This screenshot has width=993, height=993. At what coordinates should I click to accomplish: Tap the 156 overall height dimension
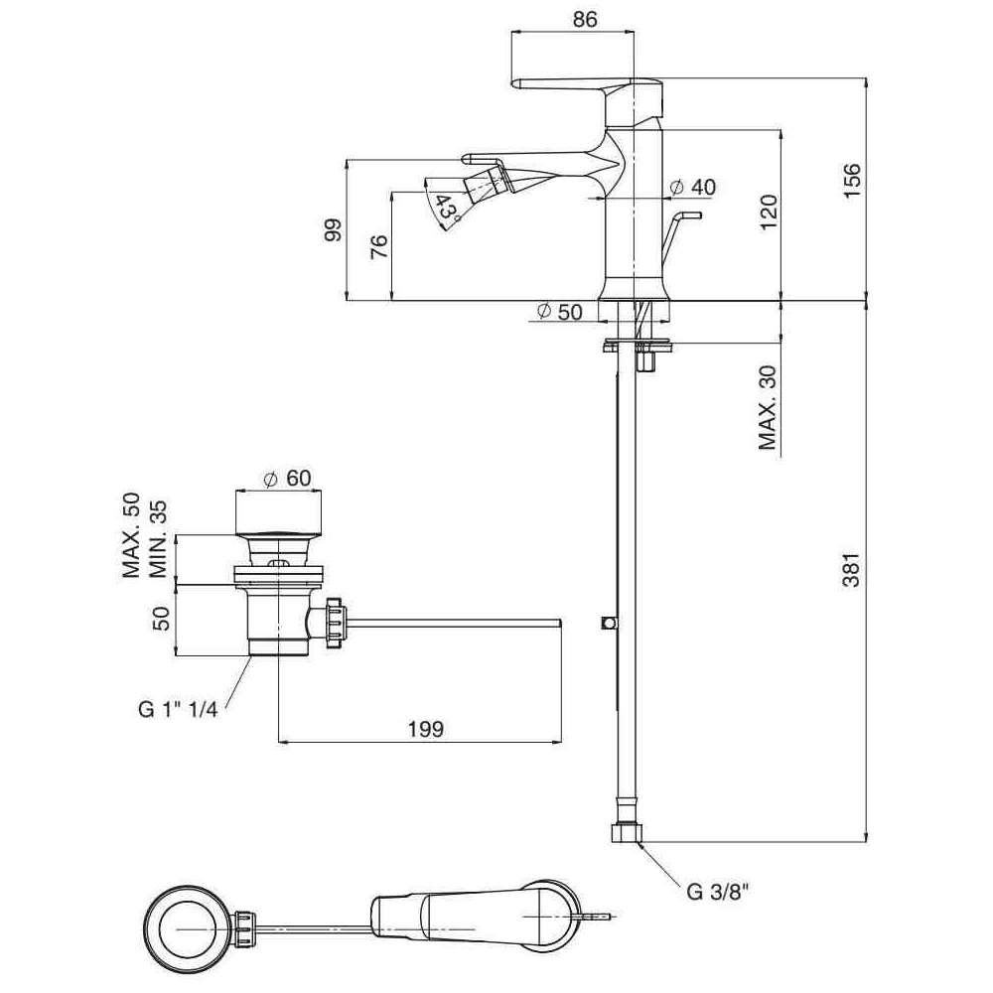852,181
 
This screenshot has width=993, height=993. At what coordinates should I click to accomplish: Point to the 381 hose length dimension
852,568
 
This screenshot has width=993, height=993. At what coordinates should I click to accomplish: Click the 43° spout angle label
448,209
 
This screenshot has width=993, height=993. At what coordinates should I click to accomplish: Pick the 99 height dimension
333,230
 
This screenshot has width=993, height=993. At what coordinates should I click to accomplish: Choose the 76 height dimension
379,247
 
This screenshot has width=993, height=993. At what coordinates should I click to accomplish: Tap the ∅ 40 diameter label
692,187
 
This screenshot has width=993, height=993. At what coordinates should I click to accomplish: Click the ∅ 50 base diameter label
559,311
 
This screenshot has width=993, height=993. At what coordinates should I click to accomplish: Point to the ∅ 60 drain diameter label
288,478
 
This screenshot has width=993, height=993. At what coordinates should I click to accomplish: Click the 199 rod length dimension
425,729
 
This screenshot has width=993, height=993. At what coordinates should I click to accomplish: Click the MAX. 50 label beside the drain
130,536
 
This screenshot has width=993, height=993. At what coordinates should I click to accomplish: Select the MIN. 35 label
156,541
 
